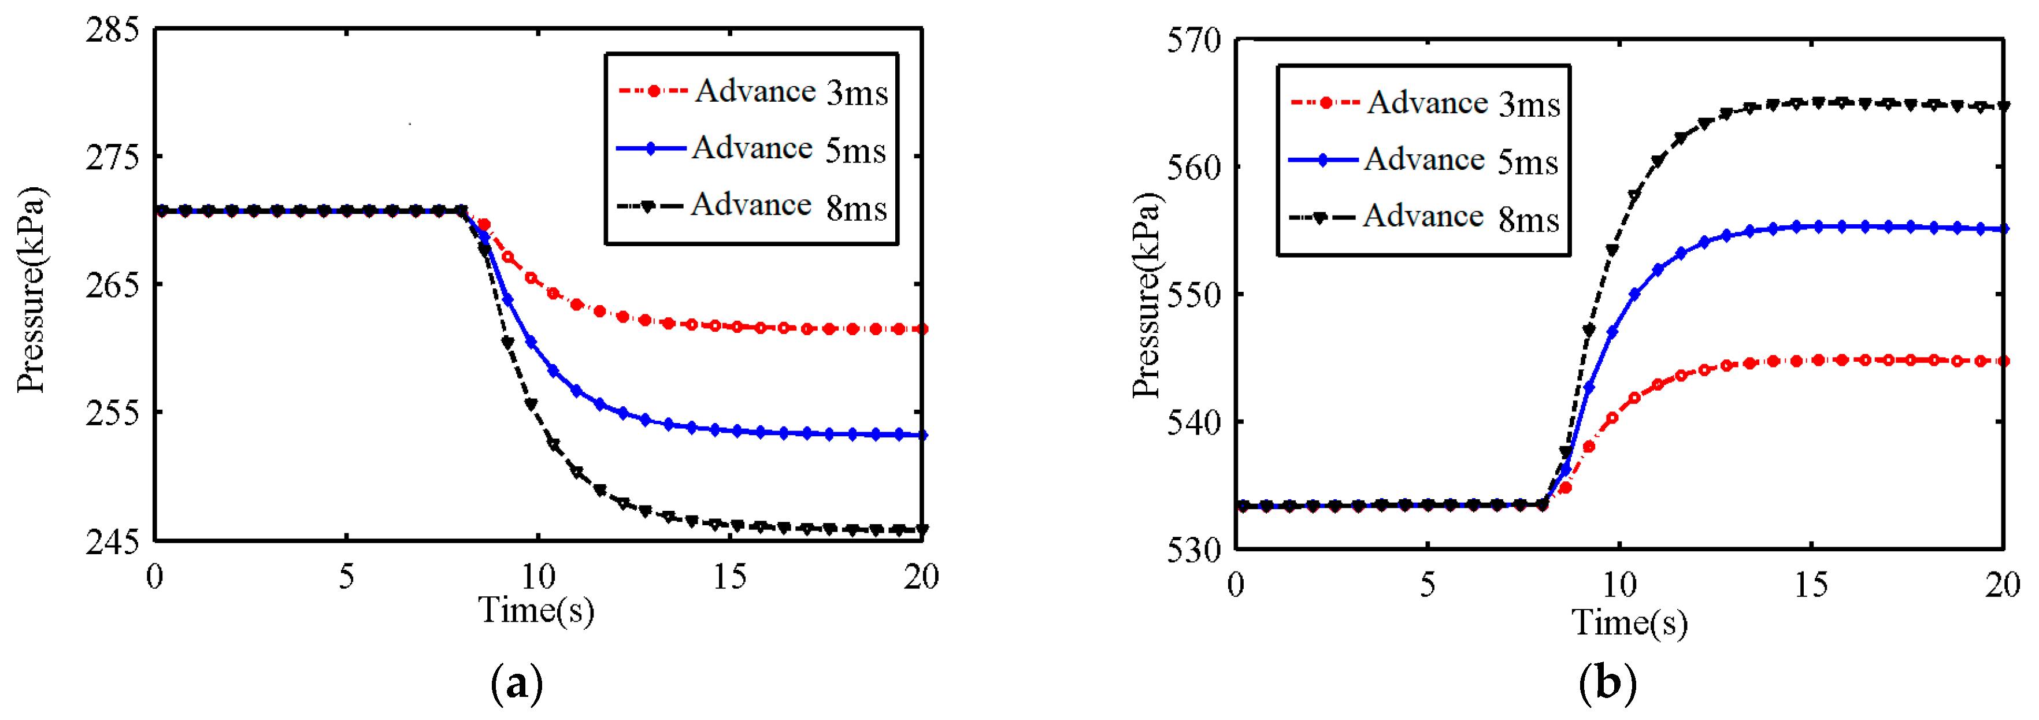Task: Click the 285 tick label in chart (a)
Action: tap(112, 30)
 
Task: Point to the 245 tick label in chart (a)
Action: tap(112, 543)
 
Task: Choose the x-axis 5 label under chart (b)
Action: tap(1427, 585)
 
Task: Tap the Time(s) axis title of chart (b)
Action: tap(1629, 623)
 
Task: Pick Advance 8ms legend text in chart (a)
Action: tap(788, 206)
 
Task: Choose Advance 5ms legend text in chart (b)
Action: tap(1461, 161)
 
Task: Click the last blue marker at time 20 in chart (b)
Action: tap(2003, 229)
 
